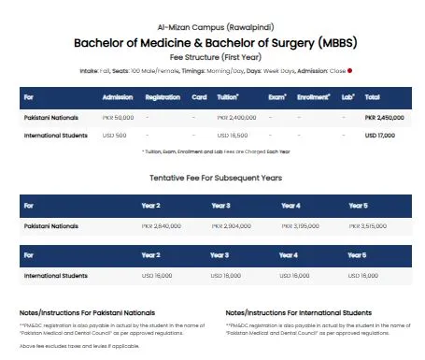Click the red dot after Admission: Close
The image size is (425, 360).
[x=349, y=70]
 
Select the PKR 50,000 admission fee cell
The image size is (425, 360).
[x=118, y=117]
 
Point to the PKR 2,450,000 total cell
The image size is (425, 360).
[x=385, y=117]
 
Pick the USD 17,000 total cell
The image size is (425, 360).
[x=379, y=136]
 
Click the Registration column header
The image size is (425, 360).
[x=163, y=96]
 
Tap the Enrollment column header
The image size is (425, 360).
[x=313, y=96]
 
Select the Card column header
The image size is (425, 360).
[x=199, y=96]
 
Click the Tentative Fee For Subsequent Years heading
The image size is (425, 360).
[x=215, y=177]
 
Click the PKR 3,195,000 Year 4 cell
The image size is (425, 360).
[x=301, y=225]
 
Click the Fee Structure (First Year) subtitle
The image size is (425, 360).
[x=215, y=56]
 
